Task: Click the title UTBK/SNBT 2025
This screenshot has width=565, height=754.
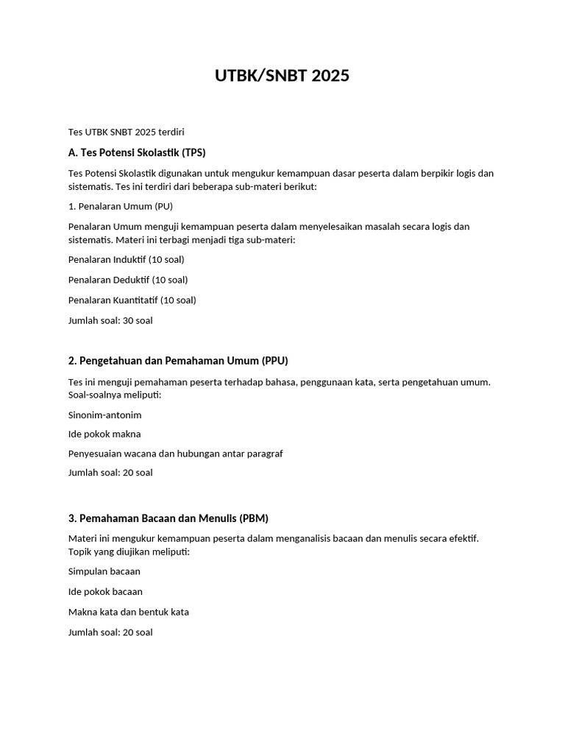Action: (x=282, y=76)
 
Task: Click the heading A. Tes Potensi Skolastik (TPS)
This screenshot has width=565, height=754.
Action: (x=137, y=153)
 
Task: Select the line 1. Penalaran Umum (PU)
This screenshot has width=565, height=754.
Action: (x=121, y=206)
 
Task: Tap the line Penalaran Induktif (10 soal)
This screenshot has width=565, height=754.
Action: (x=126, y=259)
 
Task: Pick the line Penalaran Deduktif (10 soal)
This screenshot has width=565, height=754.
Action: (x=128, y=280)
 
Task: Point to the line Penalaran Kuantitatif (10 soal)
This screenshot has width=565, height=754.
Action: (x=132, y=300)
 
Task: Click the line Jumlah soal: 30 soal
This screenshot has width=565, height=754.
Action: (x=110, y=320)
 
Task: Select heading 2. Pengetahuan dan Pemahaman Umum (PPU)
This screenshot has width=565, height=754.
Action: (x=178, y=361)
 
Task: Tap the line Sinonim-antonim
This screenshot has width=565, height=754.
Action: (x=104, y=415)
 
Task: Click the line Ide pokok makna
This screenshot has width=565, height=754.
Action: (x=104, y=434)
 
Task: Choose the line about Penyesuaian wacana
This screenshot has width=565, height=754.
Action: (x=175, y=454)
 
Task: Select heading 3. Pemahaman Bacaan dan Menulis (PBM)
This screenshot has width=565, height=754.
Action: (x=174, y=518)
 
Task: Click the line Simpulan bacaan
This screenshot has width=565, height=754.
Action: (x=104, y=571)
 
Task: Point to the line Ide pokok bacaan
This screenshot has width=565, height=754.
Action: (x=105, y=591)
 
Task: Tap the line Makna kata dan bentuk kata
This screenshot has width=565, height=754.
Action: (x=129, y=612)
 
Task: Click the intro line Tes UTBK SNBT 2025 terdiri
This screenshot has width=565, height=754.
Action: (x=126, y=133)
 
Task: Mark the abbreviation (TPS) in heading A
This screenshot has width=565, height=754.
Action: (x=193, y=153)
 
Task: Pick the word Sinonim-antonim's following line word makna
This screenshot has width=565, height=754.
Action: (x=128, y=434)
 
